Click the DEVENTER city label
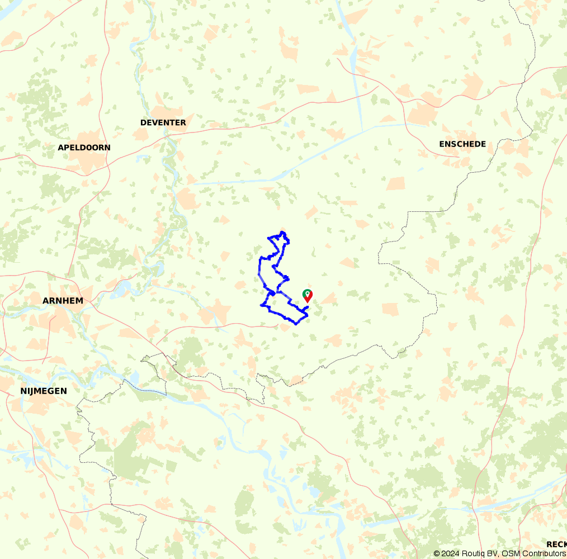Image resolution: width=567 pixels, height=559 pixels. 163,122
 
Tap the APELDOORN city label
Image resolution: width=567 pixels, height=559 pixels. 84,148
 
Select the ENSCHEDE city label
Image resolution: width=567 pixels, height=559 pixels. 462,144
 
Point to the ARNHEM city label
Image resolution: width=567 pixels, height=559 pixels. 63,301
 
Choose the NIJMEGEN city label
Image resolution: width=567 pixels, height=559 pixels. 44,391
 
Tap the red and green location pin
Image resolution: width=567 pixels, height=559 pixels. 307,296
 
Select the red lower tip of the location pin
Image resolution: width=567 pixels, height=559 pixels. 307,301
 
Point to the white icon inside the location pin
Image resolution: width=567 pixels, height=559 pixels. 307,293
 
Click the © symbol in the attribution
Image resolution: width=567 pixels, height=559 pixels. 437,553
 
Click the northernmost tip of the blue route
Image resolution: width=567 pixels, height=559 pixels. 283,231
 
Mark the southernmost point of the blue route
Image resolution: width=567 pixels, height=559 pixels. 296,323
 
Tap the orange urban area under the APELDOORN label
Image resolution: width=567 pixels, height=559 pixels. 87,159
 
